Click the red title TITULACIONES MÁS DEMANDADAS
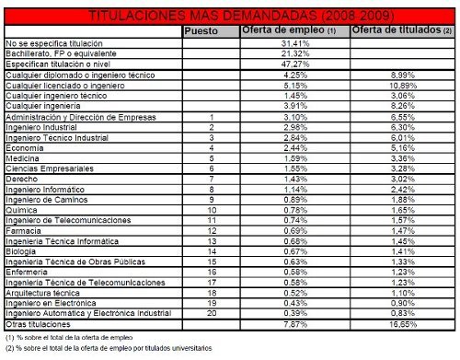pyautogui.click(x=229, y=17)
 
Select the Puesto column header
pyautogui.click(x=201, y=30)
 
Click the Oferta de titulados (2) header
pyautogui.click(x=400, y=30)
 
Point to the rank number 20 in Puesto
pyautogui.click(x=212, y=314)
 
